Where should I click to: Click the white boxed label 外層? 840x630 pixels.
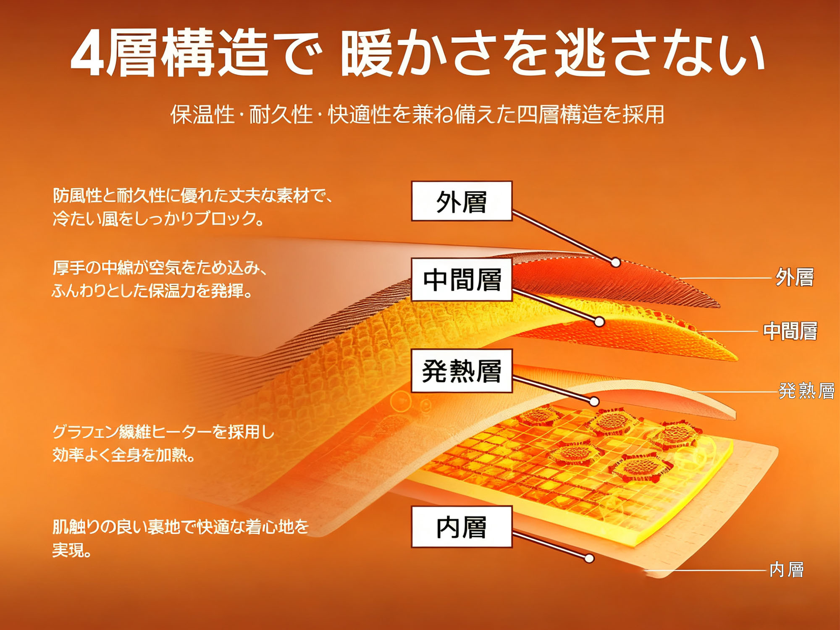462,201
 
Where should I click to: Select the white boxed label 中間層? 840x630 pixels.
462,279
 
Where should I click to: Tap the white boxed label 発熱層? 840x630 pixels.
462,371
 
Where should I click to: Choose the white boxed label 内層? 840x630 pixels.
462,527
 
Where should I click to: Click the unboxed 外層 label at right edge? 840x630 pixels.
794,277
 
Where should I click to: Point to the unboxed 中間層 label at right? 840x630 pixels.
790,331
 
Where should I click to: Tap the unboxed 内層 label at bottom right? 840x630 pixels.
786,570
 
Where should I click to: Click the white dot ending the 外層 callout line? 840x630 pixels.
616,262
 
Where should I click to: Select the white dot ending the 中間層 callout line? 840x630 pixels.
600,322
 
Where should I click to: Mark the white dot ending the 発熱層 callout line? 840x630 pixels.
594,402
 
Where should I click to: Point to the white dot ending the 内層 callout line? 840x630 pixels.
589,558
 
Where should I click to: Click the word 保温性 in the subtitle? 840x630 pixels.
202,114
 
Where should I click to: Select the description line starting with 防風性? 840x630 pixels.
193,195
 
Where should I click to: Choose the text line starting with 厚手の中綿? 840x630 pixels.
160,268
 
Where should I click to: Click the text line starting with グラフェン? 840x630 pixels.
163,432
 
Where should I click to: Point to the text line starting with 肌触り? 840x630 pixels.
181,527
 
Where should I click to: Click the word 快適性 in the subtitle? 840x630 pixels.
360,114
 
